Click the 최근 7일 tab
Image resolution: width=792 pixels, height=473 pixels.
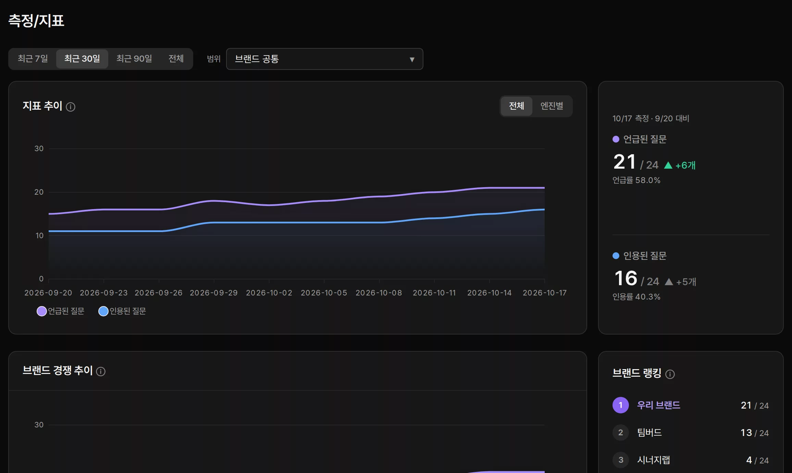coord(33,59)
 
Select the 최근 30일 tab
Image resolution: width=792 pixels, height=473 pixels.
coord(82,59)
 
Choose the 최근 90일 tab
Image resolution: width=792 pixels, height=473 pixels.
coord(134,59)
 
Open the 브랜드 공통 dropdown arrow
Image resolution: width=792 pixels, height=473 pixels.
coord(412,60)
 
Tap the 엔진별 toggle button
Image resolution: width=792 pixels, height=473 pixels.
coord(552,106)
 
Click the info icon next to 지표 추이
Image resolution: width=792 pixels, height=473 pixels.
coord(71,107)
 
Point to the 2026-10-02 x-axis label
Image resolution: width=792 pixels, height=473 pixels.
coord(269,293)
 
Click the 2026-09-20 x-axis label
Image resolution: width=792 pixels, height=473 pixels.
coord(48,293)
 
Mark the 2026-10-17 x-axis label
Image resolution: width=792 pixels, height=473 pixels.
coord(545,293)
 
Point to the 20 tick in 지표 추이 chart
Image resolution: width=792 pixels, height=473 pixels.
coord(39,192)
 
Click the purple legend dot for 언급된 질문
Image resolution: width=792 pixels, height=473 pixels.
coord(42,311)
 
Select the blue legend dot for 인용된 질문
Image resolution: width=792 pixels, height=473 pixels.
coord(103,311)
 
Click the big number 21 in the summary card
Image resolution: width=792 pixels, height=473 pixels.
coord(624,162)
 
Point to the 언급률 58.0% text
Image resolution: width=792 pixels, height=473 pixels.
coord(636,180)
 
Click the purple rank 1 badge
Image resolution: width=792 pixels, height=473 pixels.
coord(621,405)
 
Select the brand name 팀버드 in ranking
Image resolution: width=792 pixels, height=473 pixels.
coord(649,433)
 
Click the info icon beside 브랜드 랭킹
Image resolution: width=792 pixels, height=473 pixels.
coord(670,374)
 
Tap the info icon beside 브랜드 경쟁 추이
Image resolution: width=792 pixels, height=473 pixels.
coord(101,372)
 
